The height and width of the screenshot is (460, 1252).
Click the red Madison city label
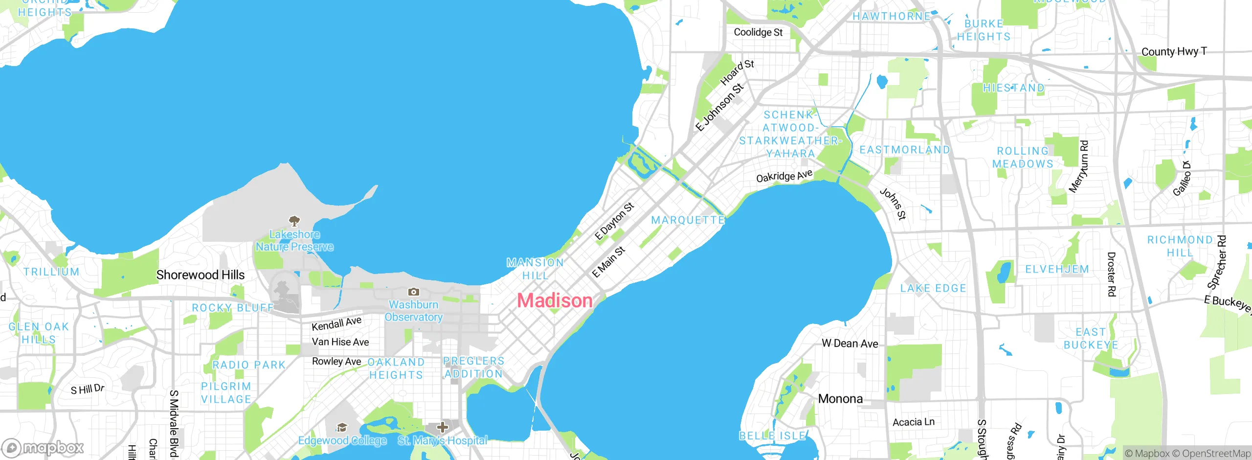tap(555, 300)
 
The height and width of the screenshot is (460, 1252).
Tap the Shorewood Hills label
tap(200, 275)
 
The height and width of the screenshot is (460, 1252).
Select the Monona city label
tap(840, 399)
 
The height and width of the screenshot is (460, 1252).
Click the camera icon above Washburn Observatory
tap(413, 292)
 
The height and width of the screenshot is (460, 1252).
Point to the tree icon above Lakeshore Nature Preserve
tap(294, 221)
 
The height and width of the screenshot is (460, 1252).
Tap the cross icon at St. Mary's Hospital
tap(442, 427)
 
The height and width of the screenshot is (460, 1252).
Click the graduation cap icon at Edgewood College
tap(342, 428)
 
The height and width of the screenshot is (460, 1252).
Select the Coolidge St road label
tap(758, 32)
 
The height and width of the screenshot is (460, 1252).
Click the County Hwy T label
tap(1174, 51)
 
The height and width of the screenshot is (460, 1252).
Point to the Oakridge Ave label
tap(784, 176)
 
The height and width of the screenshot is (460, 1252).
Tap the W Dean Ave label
tap(850, 344)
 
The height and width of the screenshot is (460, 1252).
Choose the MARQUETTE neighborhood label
tap(688, 220)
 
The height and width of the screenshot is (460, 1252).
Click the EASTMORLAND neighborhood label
tap(904, 150)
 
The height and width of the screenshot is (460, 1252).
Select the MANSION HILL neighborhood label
tap(535, 269)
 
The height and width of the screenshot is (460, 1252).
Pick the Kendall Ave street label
tap(336, 323)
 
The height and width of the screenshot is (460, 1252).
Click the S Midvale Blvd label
tap(174, 423)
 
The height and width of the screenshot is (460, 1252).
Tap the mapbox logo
tap(43, 447)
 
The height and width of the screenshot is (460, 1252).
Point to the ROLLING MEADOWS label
tap(1023, 157)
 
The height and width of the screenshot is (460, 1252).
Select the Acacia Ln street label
tap(913, 422)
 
